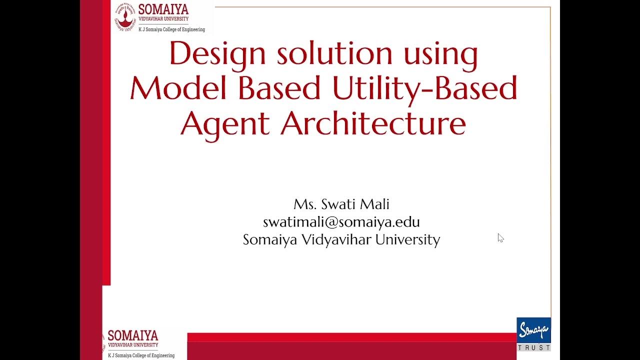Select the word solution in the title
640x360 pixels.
pos(334,53)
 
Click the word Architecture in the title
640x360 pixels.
pos(373,123)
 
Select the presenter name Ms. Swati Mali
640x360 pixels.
pos(341,204)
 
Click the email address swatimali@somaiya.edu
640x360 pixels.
pos(341,222)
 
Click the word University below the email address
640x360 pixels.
pos(407,240)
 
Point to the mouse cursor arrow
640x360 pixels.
pos(500,237)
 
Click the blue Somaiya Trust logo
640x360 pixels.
pos(533,330)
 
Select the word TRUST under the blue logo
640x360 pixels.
pos(533,347)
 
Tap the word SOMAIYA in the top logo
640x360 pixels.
pos(163,9)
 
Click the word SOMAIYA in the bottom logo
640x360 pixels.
pos(133,335)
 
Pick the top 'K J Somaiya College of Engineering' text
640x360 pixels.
pos(171,29)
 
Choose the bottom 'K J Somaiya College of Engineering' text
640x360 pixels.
pos(141,355)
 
